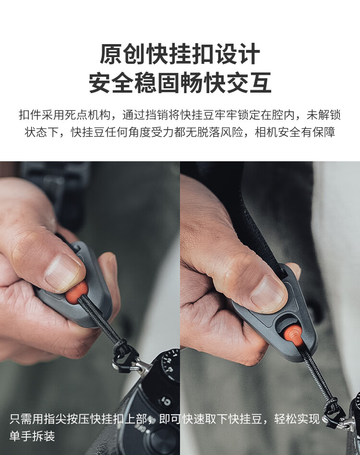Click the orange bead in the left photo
(76, 292)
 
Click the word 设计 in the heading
(237, 55)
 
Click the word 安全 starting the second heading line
(111, 84)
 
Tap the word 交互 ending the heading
(249, 84)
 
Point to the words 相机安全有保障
(295, 132)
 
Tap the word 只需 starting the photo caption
(21, 419)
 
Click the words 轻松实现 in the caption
(297, 419)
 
